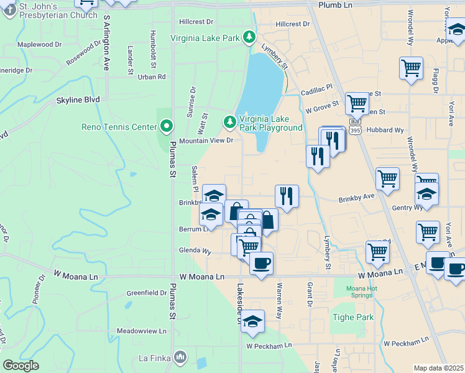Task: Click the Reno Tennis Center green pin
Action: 166,127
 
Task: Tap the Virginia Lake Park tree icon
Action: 249,37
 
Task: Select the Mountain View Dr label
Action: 206,140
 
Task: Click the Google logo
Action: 21,366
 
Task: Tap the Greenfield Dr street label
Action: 146,293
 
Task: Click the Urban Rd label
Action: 152,77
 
